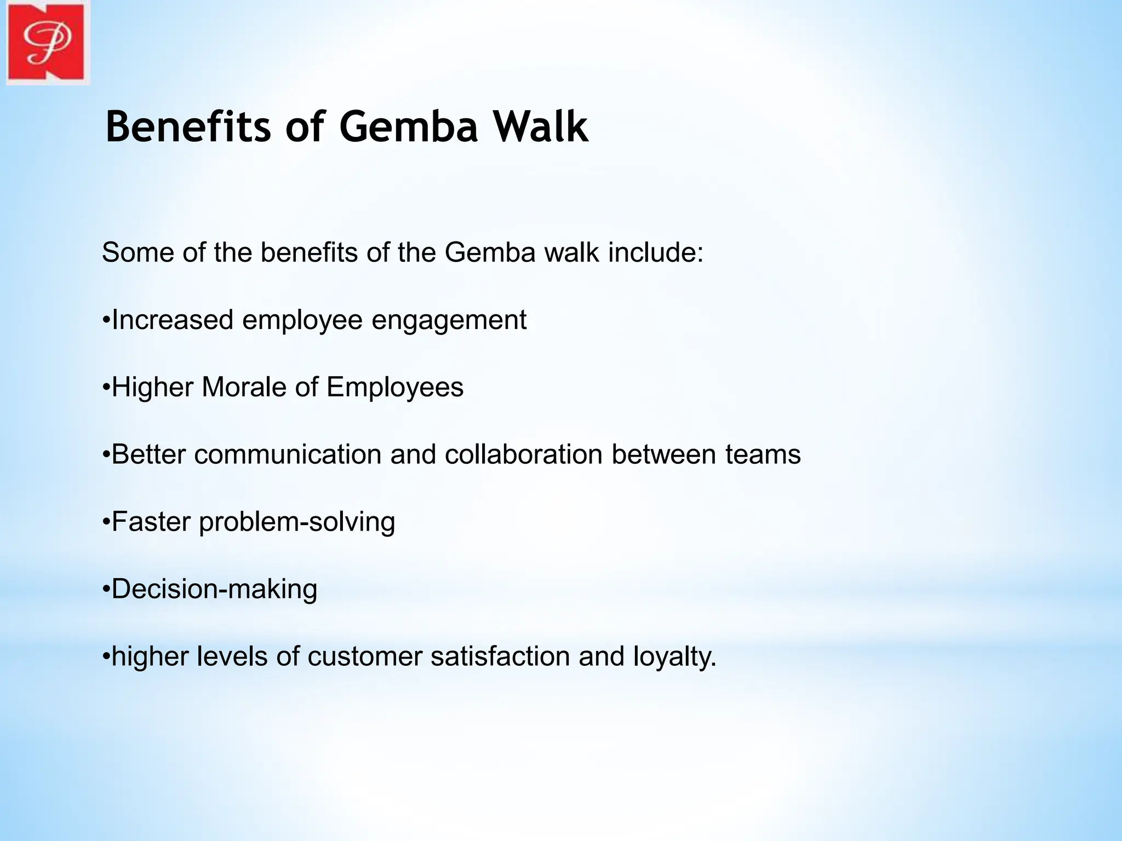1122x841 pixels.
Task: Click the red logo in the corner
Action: coord(47,43)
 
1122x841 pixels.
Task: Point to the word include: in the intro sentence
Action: coord(656,253)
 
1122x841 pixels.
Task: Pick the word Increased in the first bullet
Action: coord(172,320)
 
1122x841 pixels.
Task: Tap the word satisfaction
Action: coord(500,656)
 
